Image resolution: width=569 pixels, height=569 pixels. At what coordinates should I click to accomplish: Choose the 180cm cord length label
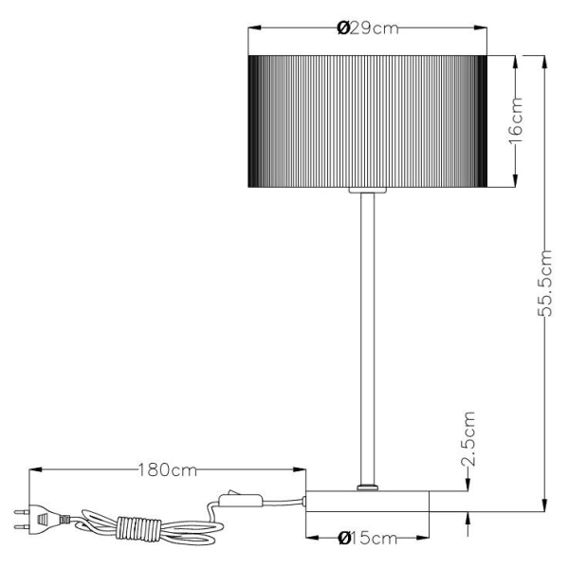point(166,468)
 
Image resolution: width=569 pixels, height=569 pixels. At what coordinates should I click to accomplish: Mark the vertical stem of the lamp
point(367,332)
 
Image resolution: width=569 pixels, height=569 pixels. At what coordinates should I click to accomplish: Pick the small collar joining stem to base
point(367,487)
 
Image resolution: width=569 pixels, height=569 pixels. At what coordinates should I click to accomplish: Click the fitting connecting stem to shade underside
point(367,192)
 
